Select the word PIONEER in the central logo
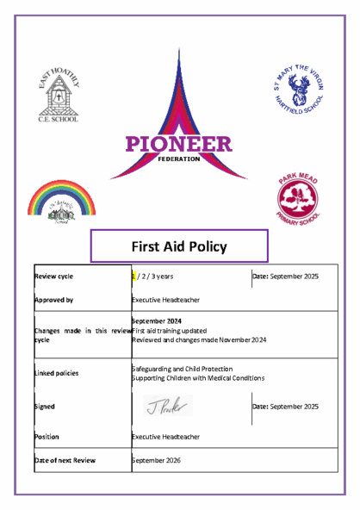[x=178, y=145]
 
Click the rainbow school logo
[x=61, y=202]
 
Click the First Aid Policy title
[x=179, y=246]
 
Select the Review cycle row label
[x=53, y=277]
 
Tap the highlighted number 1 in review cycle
[x=134, y=277]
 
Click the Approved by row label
[x=53, y=301]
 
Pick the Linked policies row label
[x=56, y=373]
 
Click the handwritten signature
[x=168, y=405]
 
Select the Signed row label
[x=44, y=406]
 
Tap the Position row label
[x=47, y=437]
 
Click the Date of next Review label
[x=65, y=461]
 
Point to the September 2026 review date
[x=156, y=461]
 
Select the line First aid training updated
[x=170, y=330]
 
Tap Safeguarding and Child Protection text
[x=183, y=369]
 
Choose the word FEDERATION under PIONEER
[x=178, y=159]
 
